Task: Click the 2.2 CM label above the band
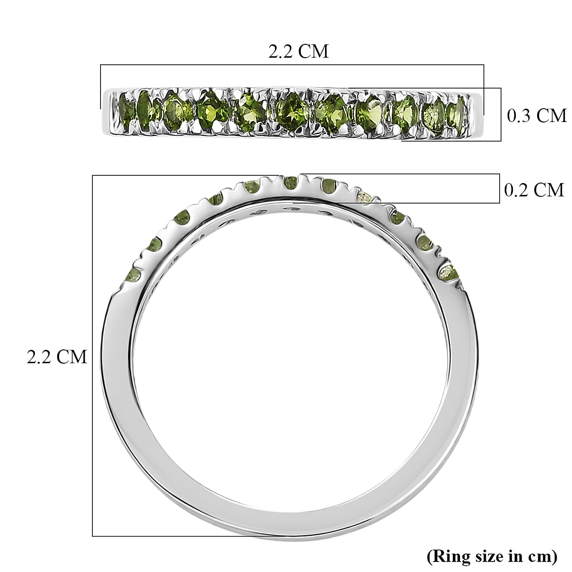299,51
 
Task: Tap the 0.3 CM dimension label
536,116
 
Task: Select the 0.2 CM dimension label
534,190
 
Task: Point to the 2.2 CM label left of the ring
57,357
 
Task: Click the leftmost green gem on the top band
125,108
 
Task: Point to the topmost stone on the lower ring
289,183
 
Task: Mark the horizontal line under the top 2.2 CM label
292,65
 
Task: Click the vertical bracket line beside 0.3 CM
500,114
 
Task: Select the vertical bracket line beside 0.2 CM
499,189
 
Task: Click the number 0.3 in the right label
518,116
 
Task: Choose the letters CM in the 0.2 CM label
549,190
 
